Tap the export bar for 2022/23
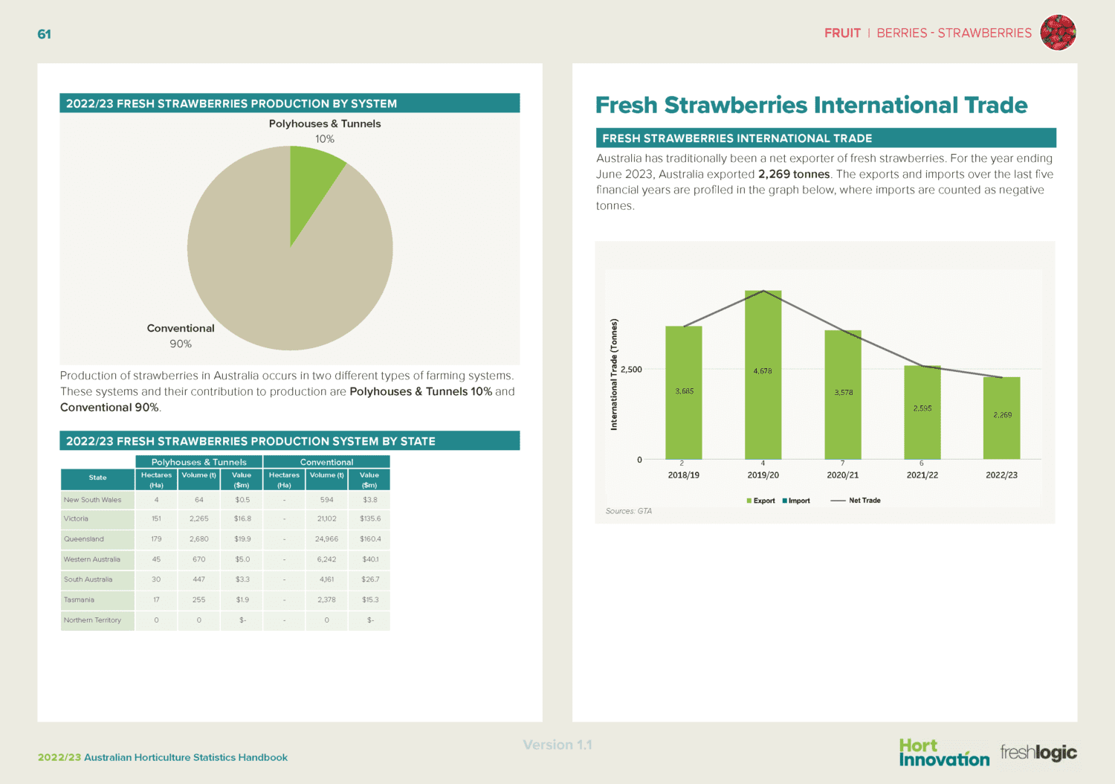(1001, 431)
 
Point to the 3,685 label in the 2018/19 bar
(684, 391)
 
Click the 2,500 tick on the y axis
(631, 370)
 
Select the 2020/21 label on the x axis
(842, 475)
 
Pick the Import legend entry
(796, 501)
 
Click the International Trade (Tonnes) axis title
(614, 374)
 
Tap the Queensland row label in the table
(84, 539)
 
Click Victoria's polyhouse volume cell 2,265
(198, 519)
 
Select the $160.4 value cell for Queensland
(370, 539)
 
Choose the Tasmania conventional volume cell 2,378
(326, 600)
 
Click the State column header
(97, 478)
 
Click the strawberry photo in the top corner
(1058, 33)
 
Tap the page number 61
(45, 34)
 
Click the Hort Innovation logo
(943, 752)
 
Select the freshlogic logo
(1038, 752)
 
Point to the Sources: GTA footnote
(628, 511)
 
